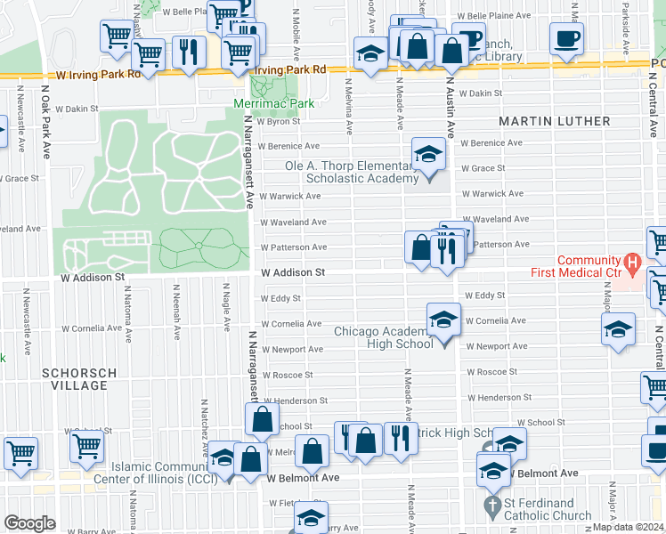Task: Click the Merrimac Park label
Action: click(x=273, y=104)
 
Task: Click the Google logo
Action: click(x=29, y=523)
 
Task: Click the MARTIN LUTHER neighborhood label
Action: click(x=554, y=120)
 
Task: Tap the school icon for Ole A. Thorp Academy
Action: click(x=428, y=154)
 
